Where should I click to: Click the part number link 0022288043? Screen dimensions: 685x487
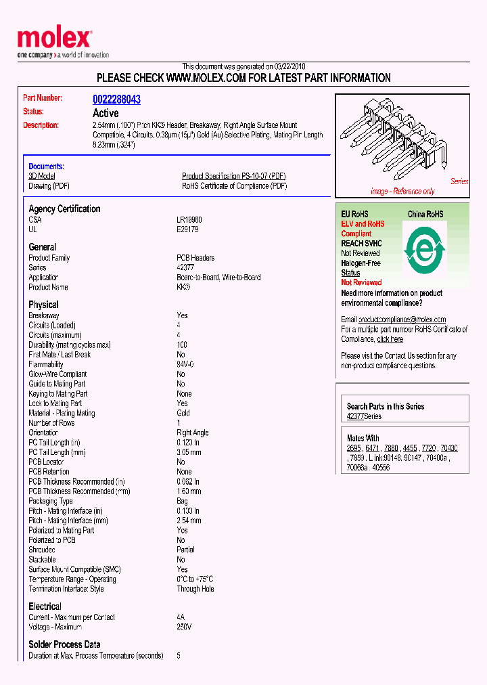(116, 100)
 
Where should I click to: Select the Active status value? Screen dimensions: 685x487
(106, 113)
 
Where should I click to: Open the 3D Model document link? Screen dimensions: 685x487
(42, 176)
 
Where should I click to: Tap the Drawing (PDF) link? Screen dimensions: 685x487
(49, 185)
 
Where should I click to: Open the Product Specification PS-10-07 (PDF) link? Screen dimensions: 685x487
(234, 176)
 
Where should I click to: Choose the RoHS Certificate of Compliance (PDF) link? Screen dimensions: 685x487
(234, 185)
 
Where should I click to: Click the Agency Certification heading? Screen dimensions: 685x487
(64, 208)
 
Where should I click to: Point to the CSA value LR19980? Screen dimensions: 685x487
(189, 220)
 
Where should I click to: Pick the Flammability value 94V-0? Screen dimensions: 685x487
(185, 364)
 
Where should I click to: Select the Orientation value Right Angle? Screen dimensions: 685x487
(192, 433)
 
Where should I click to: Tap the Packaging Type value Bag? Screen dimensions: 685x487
(182, 501)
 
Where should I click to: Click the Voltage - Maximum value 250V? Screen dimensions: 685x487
(184, 627)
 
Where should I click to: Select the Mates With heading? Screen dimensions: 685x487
(363, 438)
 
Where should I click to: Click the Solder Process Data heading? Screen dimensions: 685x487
(64, 644)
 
